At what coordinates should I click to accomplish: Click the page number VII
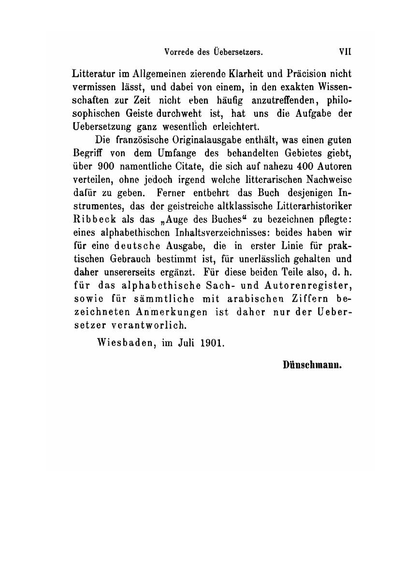pos(344,50)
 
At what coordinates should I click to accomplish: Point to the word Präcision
pos(305,75)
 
